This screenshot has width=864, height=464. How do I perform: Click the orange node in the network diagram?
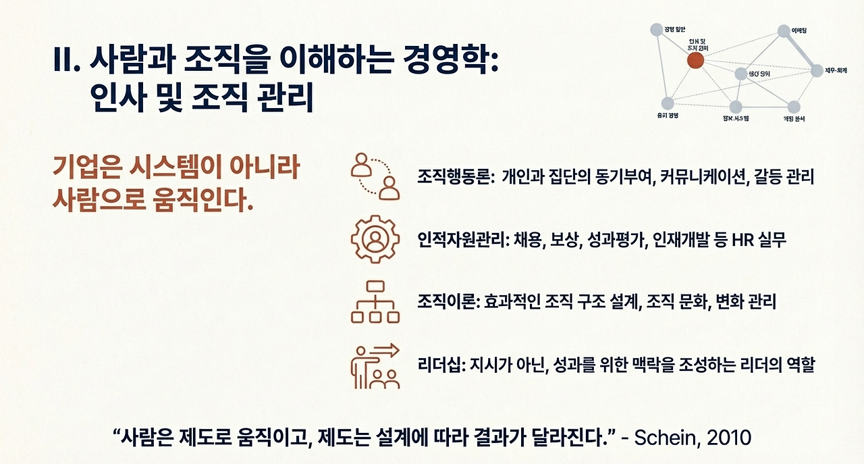coord(695,61)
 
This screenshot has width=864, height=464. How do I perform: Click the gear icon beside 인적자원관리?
coord(375,239)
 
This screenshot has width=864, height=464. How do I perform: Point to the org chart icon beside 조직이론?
coord(375,302)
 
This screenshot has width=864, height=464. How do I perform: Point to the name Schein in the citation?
coord(665,437)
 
